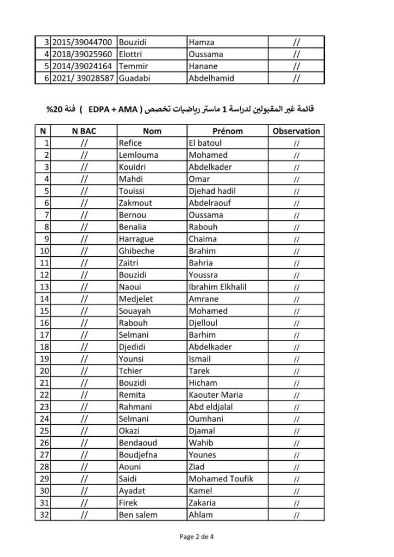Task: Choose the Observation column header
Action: [x=296, y=131]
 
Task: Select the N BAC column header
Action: [x=83, y=131]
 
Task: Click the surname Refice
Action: [x=130, y=143]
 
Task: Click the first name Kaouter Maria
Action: [x=215, y=394]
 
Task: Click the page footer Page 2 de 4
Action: [x=197, y=537]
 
